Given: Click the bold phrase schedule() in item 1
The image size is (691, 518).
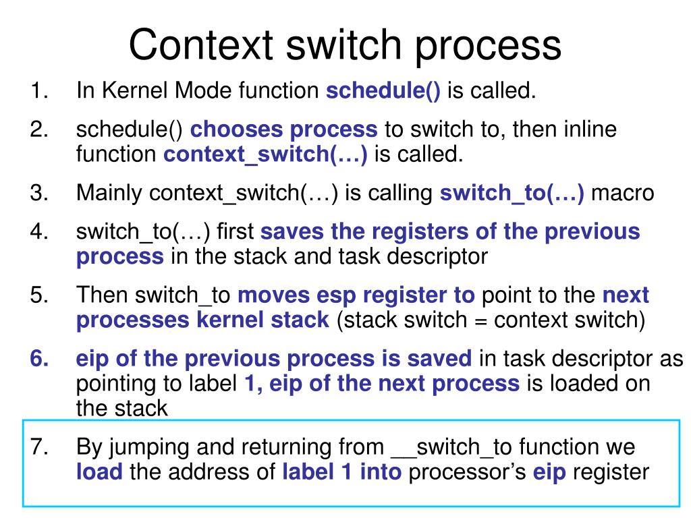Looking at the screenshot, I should pyautogui.click(x=383, y=91).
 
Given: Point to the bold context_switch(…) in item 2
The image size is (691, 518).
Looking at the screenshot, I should pyautogui.click(x=265, y=154).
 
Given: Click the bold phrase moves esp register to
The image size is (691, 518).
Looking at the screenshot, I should pyautogui.click(x=357, y=295).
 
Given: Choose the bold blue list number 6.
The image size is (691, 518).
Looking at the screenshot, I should pyautogui.click(x=38, y=359).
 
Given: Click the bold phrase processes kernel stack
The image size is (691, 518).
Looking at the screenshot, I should pyautogui.click(x=202, y=320).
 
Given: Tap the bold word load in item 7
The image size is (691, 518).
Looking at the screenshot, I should pyautogui.click(x=99, y=471).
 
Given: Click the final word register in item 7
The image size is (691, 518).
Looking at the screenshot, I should pyautogui.click(x=611, y=471).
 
